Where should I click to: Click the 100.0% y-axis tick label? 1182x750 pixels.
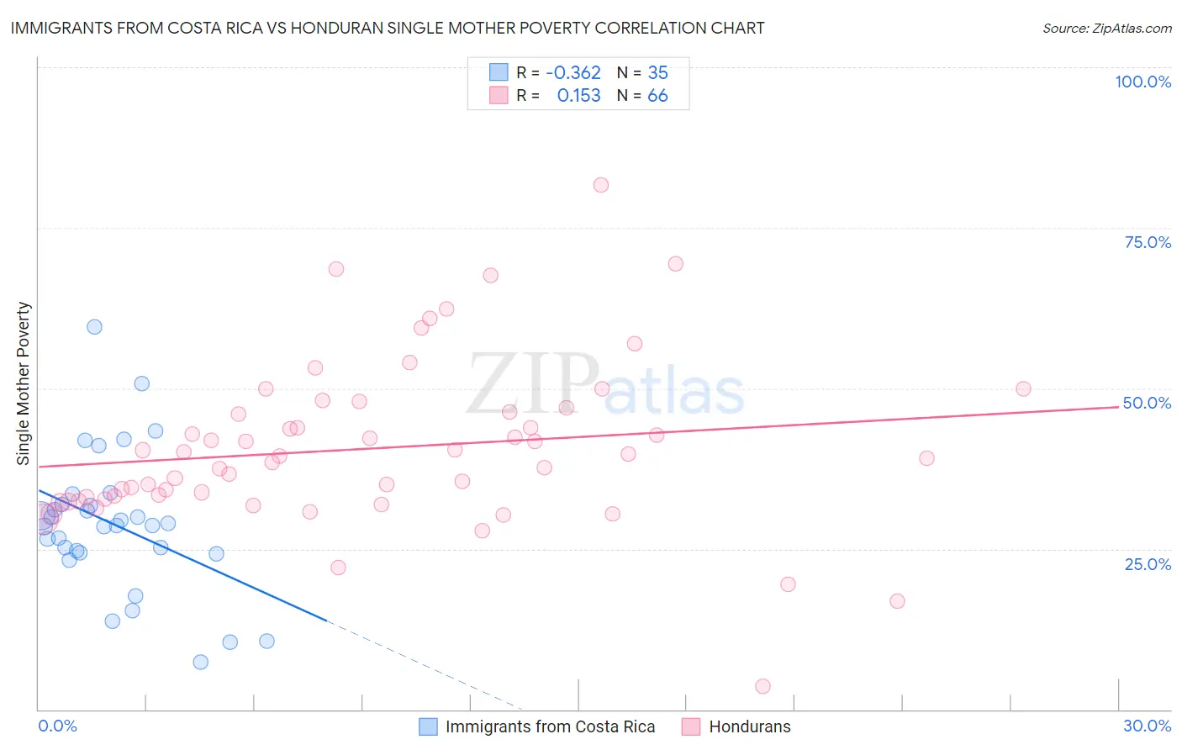(1142, 82)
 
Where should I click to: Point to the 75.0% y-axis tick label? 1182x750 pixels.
(1148, 242)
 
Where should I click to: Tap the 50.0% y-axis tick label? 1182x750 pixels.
(1147, 403)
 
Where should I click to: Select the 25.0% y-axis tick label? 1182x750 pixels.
(1148, 564)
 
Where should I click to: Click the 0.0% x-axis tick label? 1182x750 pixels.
(57, 726)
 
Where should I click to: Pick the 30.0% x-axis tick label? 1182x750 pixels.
(1147, 726)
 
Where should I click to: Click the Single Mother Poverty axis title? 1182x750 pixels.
(24, 383)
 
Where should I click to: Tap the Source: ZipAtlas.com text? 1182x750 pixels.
(1106, 28)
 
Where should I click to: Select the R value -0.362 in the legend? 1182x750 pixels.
(573, 73)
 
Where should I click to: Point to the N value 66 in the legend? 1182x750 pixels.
(657, 96)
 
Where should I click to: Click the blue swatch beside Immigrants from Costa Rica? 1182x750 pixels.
(428, 726)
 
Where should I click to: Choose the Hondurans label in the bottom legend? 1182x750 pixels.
(749, 726)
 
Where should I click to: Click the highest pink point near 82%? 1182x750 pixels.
(600, 185)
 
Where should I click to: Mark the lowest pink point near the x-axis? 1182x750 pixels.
(762, 686)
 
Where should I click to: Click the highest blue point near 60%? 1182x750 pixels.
(94, 327)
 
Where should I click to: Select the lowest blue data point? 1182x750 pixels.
(200, 663)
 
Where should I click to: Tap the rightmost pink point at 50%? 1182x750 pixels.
(1023, 388)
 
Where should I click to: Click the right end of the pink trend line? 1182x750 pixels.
(1118, 407)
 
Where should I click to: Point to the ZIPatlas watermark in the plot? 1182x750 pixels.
(605, 384)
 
